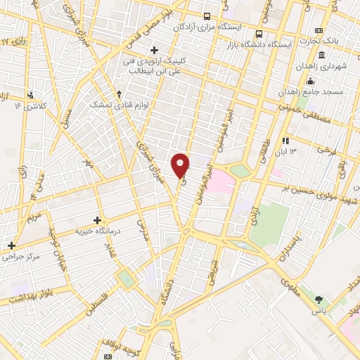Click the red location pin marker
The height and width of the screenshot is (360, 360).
click(181, 165)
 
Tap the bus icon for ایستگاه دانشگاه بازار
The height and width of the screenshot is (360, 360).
click(259, 34)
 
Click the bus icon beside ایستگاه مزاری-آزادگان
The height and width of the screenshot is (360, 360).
click(207, 15)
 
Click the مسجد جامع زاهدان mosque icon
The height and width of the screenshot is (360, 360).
click(310, 82)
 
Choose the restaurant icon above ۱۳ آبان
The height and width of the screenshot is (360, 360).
click(286, 141)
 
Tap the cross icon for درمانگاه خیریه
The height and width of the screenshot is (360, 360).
click(96, 220)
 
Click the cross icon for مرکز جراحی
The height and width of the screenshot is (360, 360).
click(11, 245)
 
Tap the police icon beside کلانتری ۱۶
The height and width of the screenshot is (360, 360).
click(30, 95)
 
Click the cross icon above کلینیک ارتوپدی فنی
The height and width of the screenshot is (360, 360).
click(154, 50)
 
